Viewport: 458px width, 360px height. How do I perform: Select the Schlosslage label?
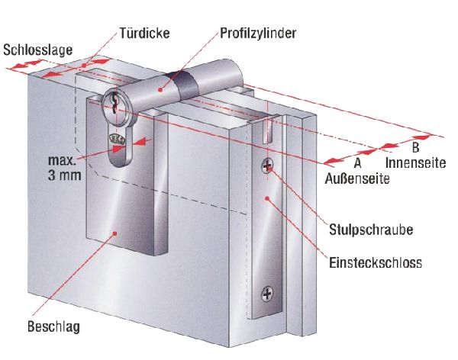pos(38,50)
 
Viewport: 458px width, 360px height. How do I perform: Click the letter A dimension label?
pos(356,163)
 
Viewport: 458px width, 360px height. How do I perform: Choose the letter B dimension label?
pos(415,146)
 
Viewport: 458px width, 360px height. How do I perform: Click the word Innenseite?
pos(415,162)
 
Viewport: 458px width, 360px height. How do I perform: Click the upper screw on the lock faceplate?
pos(267,166)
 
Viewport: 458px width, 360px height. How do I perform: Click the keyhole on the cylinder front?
pos(115,105)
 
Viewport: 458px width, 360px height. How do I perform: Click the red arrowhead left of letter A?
pos(331,162)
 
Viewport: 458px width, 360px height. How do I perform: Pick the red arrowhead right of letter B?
pos(434,138)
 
